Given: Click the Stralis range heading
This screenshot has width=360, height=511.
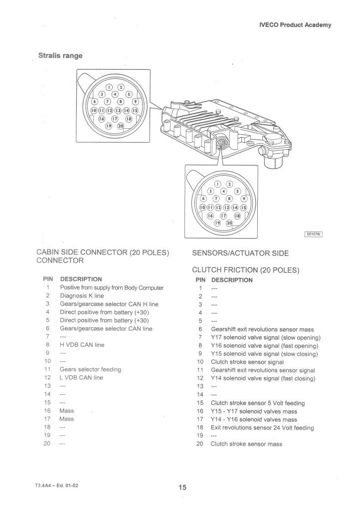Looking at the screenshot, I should point(60,55).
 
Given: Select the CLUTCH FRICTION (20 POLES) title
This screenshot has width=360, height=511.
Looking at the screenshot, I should point(245,270).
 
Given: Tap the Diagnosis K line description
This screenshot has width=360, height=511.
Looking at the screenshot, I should point(82,296).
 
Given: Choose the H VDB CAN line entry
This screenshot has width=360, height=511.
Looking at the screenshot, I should point(82,345).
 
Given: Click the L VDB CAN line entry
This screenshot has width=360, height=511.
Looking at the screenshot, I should point(81,378).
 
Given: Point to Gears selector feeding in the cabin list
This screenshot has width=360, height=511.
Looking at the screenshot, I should point(90,369).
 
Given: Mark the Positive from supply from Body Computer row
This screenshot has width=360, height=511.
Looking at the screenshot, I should point(112,288).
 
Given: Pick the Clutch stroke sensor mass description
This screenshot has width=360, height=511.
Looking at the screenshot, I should point(246,444).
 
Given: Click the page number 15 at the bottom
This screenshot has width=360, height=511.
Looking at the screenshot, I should point(182,488).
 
